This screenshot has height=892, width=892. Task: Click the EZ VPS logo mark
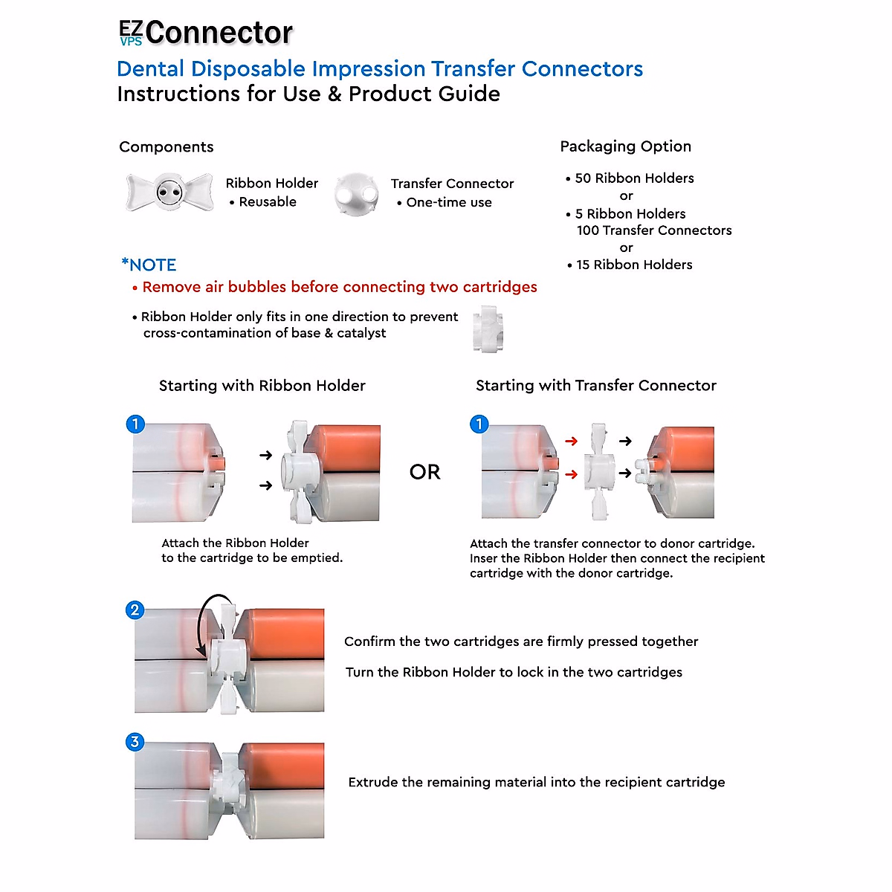click(131, 33)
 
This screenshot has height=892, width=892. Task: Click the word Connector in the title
click(219, 33)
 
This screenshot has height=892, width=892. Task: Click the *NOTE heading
click(149, 265)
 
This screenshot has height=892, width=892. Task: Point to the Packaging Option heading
click(625, 146)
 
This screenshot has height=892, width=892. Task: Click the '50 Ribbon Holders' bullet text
click(634, 178)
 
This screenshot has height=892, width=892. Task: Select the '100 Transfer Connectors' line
click(654, 230)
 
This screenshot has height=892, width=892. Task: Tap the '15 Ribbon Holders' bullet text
click(634, 265)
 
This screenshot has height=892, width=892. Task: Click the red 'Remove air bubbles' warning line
click(339, 287)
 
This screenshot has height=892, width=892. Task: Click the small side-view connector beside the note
click(488, 329)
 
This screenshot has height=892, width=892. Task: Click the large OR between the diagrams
click(424, 472)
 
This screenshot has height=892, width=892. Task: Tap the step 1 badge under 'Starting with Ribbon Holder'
click(135, 424)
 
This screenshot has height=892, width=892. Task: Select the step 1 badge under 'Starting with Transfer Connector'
click(479, 424)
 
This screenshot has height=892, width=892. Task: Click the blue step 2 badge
click(135, 610)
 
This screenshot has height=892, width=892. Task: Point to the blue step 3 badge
click(135, 742)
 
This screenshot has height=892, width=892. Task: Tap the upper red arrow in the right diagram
click(571, 442)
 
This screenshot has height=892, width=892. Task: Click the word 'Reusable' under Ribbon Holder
click(268, 202)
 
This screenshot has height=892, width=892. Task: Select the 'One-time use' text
click(449, 203)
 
